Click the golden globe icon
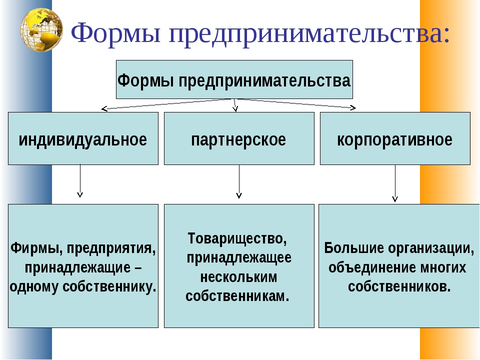41,29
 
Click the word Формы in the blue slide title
115,33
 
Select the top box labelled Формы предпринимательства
234,79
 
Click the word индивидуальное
83,139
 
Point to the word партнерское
239,140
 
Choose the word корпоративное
395,140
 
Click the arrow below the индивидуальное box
80,180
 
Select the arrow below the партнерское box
239,181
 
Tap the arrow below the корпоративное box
395,183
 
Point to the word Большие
354,248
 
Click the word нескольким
239,277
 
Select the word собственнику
109,287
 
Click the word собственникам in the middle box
237,296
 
